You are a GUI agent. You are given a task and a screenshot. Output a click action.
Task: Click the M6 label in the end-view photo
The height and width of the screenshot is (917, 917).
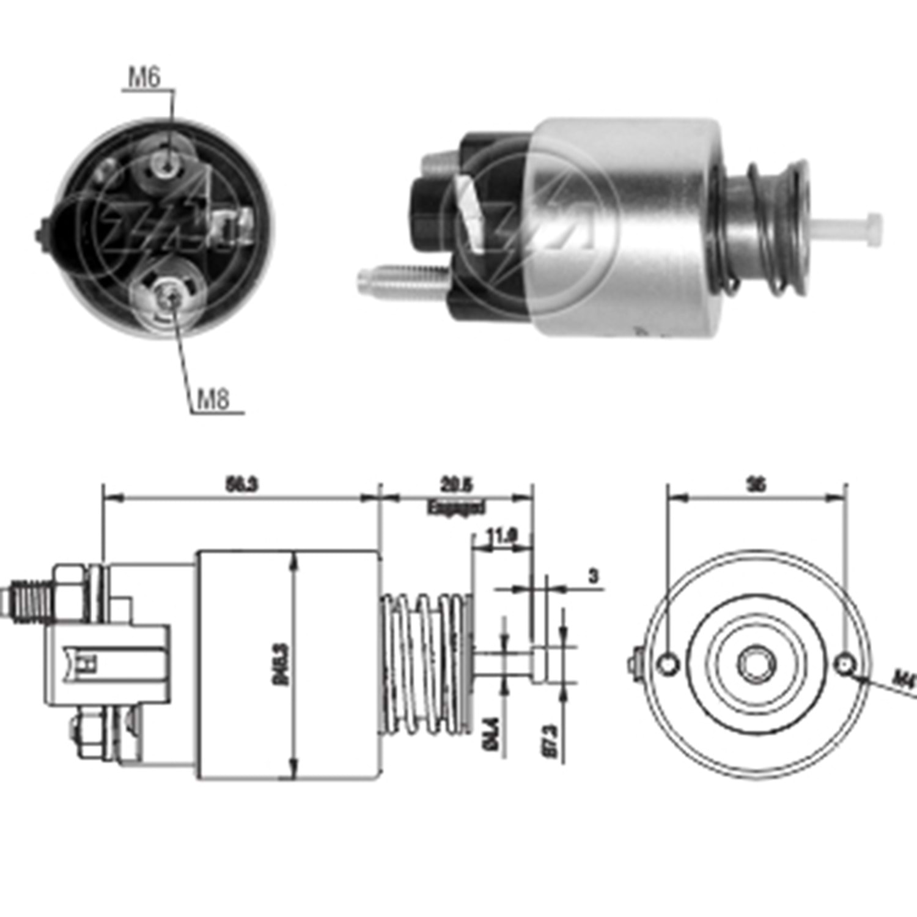144,78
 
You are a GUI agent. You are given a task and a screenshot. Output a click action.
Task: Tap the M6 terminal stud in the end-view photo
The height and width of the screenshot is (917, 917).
168,161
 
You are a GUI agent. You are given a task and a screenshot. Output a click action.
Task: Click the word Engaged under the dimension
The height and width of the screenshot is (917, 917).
456,507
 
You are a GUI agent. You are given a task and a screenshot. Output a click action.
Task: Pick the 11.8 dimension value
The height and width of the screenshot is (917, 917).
502,537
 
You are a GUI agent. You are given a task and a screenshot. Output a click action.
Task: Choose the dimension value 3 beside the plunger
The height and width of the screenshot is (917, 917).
594,576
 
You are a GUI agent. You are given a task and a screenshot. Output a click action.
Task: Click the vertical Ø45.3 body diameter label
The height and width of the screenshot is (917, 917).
282,663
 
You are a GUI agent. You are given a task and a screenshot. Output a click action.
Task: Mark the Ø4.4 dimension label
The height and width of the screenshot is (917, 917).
493,734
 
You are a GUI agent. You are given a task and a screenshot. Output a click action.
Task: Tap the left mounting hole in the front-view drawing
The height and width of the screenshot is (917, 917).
669,663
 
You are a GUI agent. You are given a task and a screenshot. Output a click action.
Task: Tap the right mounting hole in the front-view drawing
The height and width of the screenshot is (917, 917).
845,664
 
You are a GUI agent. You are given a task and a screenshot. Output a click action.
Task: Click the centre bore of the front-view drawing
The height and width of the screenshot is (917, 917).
757,664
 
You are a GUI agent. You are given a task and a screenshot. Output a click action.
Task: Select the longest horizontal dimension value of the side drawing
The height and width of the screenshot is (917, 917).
242,485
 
